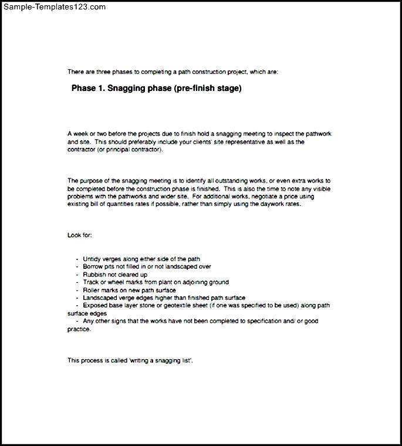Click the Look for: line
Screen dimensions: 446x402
tap(79, 235)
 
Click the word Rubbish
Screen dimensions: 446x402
tap(95, 274)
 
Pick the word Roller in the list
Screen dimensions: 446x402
tap(92, 290)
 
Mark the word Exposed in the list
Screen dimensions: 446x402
tap(95, 305)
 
